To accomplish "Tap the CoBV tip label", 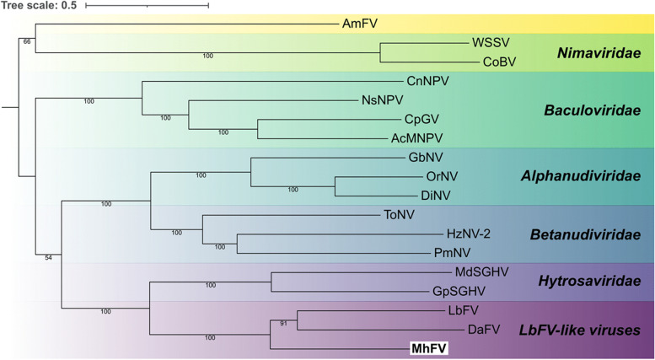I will [x=498, y=62].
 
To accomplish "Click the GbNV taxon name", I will [x=425, y=158].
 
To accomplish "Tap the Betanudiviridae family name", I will [x=586, y=234].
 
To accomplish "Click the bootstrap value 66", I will [x=28, y=40].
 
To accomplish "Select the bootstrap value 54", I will [x=48, y=257].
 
